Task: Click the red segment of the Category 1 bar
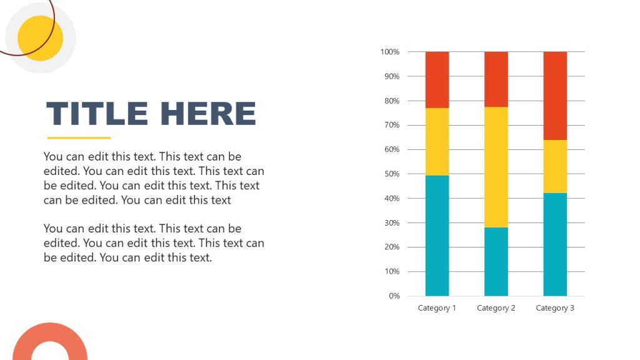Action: (437, 79)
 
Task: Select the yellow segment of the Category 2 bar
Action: (496, 167)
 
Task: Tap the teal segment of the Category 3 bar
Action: (555, 244)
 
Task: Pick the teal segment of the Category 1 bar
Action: (437, 236)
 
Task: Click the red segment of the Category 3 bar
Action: (555, 96)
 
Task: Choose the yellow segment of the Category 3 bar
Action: (555, 166)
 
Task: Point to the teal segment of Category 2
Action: (496, 261)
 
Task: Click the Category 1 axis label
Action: (437, 308)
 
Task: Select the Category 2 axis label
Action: (496, 308)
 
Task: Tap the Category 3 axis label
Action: (555, 308)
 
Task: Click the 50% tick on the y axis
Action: (391, 174)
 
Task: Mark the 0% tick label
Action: (394, 296)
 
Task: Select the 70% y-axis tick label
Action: (391, 125)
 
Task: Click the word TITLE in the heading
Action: (97, 114)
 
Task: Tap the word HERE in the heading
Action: (208, 114)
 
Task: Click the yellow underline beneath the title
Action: (79, 138)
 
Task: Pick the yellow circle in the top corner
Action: (40, 38)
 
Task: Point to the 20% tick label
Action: (391, 247)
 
